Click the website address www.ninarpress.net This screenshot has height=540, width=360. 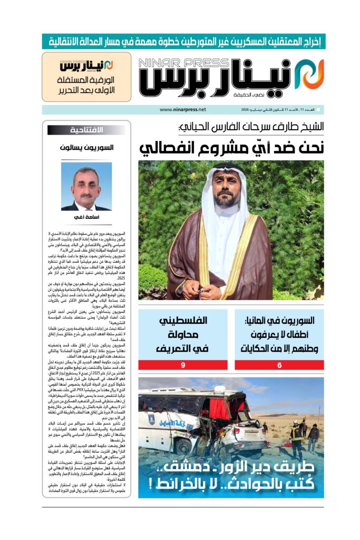[183, 110]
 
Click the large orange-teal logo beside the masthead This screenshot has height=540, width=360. [309, 74]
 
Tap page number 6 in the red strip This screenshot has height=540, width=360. [280, 365]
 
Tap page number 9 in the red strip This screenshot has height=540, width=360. [182, 365]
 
